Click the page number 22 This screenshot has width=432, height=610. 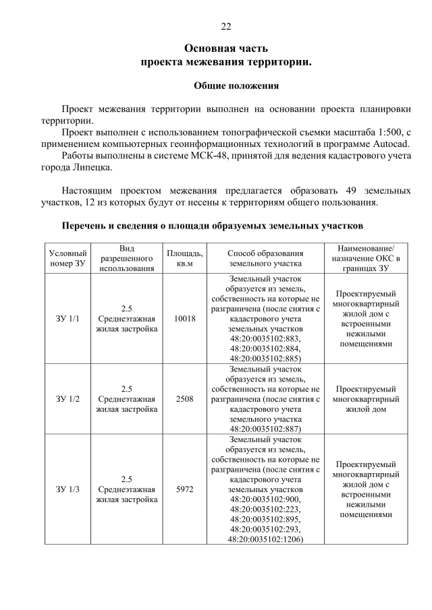[x=226, y=26]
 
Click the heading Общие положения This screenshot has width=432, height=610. [x=236, y=86]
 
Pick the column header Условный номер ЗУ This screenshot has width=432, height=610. [x=68, y=257]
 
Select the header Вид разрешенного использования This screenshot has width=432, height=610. [x=127, y=257]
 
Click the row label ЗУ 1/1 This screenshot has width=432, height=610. [x=68, y=319]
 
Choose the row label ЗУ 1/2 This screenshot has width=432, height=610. [x=68, y=398]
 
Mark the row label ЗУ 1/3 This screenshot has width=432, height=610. [x=68, y=489]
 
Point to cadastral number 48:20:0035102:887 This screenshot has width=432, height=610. [x=265, y=428]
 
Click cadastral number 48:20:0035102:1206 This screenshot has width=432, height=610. [x=265, y=539]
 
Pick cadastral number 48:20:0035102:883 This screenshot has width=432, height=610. [x=265, y=338]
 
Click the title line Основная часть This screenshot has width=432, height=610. [x=226, y=49]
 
